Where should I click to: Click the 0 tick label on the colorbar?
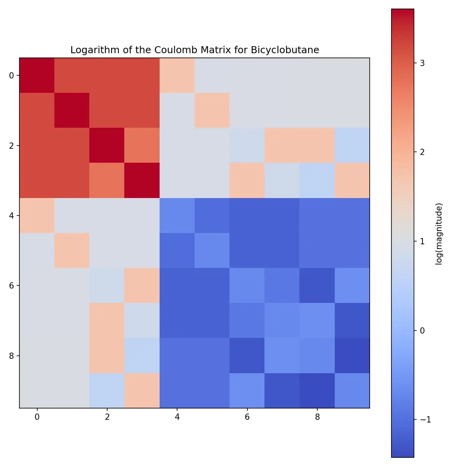(x=423, y=330)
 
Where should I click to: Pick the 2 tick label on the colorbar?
(x=423, y=152)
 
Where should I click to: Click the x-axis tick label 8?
(x=317, y=417)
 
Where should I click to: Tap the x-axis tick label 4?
(x=177, y=417)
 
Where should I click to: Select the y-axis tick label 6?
(x=11, y=285)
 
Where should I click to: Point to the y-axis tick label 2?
(x=11, y=146)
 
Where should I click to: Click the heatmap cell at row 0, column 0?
(x=37, y=75)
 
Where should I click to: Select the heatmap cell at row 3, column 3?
(x=142, y=180)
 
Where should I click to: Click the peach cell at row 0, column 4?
(x=177, y=75)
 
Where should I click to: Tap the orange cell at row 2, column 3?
(x=142, y=145)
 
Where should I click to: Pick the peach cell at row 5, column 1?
(x=72, y=250)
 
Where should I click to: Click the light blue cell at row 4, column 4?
(x=177, y=216)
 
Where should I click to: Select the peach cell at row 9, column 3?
(x=142, y=390)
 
